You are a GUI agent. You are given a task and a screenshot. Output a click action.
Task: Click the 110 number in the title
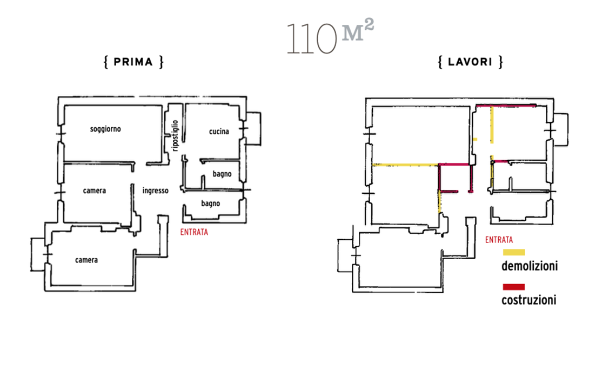(312, 38)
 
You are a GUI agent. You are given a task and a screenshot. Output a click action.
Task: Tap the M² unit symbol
(358, 30)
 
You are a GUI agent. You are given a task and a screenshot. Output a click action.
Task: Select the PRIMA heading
(133, 62)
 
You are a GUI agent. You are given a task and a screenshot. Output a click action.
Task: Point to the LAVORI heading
(470, 62)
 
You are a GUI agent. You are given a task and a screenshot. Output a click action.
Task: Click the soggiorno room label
(105, 129)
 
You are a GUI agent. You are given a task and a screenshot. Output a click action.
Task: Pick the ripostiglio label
(175, 135)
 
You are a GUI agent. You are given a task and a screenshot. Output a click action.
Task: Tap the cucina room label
(219, 132)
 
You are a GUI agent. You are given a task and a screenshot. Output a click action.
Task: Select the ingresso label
(155, 190)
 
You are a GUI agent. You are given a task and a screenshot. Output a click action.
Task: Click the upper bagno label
(222, 174)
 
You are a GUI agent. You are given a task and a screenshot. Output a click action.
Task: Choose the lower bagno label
(211, 203)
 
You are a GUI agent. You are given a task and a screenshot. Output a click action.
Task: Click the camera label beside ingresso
(94, 190)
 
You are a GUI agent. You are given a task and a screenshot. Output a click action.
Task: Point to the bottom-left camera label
(86, 260)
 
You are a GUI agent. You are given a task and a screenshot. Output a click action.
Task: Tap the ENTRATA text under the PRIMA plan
(194, 232)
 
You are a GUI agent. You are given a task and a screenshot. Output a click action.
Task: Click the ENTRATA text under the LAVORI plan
(499, 240)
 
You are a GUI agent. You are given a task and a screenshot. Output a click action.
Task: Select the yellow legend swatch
(514, 252)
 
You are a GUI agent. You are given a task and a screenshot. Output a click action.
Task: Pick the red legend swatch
(514, 287)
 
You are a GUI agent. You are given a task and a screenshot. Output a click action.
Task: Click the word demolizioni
(530, 266)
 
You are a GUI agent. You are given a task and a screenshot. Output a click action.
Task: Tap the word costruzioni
(529, 300)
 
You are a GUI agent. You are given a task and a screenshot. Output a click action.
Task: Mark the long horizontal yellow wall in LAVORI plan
(405, 165)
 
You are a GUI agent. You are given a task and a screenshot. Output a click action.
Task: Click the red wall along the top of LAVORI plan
(506, 106)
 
